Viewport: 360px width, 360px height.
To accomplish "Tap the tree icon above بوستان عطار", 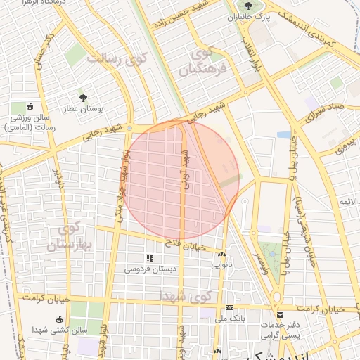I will pos(84,98).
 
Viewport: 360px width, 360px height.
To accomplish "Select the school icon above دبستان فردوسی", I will pos(149,258).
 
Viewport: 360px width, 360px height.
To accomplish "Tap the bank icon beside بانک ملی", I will pos(230,308).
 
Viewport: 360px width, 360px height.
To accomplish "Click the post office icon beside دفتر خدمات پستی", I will pos(280,314).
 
